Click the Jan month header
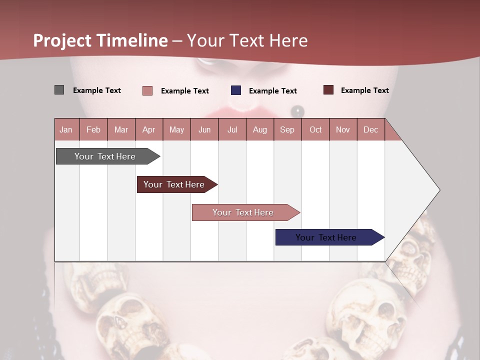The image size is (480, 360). coord(66,129)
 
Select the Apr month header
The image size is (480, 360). coord(148,129)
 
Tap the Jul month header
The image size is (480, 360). coord(232,129)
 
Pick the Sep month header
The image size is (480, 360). coord(287,129)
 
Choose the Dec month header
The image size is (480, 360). coord(370,129)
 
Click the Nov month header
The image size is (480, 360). coord(342,129)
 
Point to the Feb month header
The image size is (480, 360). coord(93,129)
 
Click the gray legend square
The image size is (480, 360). coord(59,90)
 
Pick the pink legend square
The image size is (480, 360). coord(147,90)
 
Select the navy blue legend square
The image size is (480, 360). coord(236,90)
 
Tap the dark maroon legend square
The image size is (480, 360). coord(328,90)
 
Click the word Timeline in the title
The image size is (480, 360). coord(132,40)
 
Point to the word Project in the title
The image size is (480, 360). coord(62,40)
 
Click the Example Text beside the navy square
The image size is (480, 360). coord(272,91)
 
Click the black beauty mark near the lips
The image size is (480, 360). coord(297,110)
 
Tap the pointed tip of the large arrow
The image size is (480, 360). coord(439,190)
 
